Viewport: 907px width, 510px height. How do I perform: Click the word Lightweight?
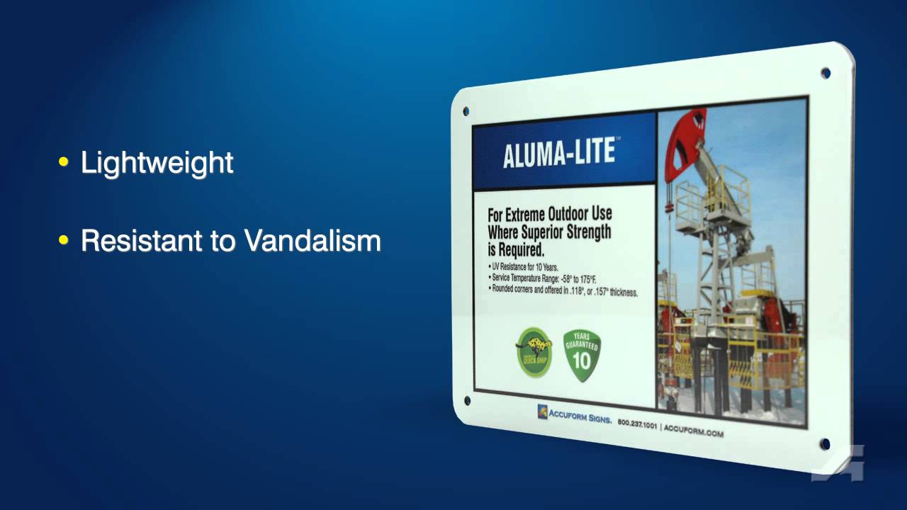click(x=157, y=163)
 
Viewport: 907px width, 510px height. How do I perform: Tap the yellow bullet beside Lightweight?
click(x=64, y=163)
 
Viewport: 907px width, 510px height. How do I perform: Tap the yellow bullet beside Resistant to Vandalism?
click(x=64, y=241)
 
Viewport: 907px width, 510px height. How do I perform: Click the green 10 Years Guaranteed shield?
click(x=582, y=355)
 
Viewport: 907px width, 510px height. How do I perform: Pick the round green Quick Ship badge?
click(x=534, y=351)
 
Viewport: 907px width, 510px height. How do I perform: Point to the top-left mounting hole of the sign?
click(x=466, y=111)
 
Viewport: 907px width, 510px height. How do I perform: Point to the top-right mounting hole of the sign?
click(x=826, y=73)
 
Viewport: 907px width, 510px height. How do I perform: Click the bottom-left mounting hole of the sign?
click(x=467, y=401)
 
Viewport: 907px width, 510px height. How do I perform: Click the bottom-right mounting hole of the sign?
click(x=825, y=444)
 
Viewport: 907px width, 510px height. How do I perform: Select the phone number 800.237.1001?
click(x=637, y=424)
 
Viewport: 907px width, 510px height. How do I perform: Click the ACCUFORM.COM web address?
click(x=694, y=431)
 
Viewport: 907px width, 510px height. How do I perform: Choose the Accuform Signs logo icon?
click(x=542, y=412)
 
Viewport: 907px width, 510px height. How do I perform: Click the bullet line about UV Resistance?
click(x=524, y=267)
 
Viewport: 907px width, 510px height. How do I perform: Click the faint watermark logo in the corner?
click(x=838, y=463)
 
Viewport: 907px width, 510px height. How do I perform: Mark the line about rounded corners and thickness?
click(x=563, y=290)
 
